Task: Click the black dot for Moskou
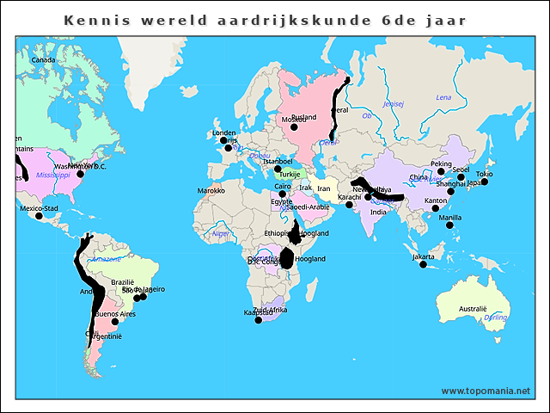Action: pos(294,126)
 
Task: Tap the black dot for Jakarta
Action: pos(423,264)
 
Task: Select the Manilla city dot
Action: pos(449,225)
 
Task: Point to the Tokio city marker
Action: pos(484,182)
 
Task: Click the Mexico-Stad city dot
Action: pos(38,215)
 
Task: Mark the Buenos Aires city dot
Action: pos(115,322)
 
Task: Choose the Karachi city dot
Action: pos(349,205)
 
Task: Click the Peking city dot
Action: pos(441,171)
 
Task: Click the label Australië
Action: pos(473,309)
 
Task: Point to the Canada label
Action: pos(43,60)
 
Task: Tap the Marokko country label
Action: pos(211,191)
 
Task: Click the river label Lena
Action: pos(443,97)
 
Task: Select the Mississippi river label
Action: pos(52,175)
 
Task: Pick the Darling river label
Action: pos(495,317)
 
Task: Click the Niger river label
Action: pos(222,233)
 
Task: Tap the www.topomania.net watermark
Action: pos(486,391)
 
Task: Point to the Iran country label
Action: pos(323,188)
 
